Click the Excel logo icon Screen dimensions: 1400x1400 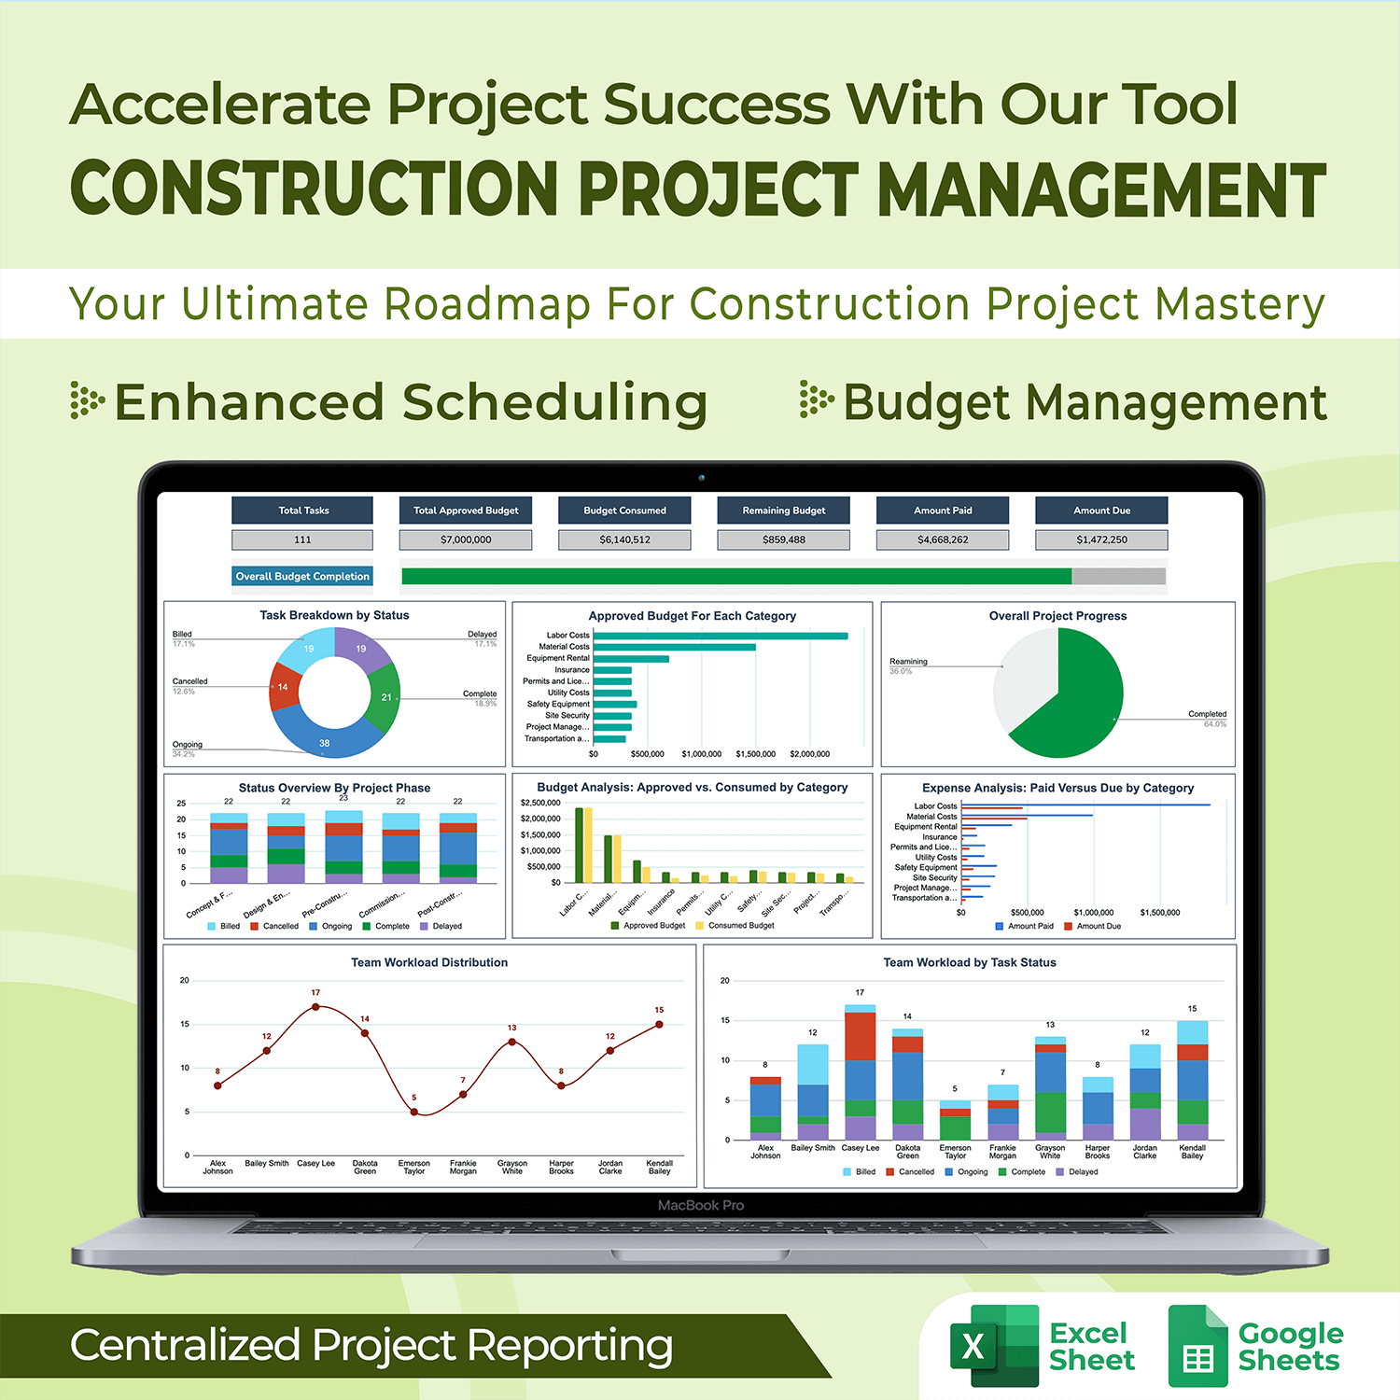point(993,1346)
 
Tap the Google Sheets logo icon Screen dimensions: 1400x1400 point(1197,1346)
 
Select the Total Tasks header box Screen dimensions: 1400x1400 point(302,511)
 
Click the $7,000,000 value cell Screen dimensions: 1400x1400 point(466,539)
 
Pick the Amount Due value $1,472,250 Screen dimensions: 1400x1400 point(1101,539)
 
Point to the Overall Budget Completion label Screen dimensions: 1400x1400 point(302,577)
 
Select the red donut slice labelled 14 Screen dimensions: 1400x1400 point(284,688)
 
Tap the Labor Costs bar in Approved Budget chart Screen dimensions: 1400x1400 point(720,636)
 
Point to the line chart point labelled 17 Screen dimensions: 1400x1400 point(315,1007)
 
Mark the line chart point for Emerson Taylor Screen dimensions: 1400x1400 point(414,1112)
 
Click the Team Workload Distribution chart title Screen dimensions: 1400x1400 point(429,962)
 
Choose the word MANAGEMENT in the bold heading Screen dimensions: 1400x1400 point(1101,189)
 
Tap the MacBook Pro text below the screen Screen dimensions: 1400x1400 point(701,1205)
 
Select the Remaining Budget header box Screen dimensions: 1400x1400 point(784,511)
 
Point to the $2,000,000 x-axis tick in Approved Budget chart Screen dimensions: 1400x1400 point(809,754)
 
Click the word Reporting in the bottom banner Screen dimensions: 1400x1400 point(569,1346)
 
